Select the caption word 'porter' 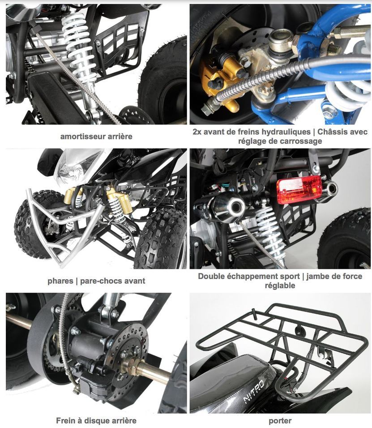point(280,421)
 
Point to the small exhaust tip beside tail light point(329,189)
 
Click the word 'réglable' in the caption point(280,285)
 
